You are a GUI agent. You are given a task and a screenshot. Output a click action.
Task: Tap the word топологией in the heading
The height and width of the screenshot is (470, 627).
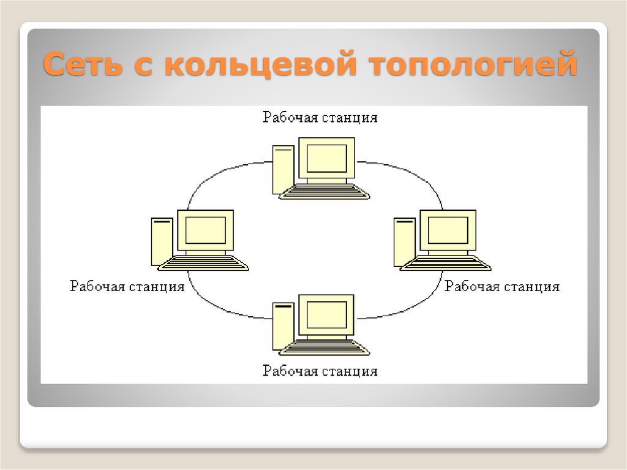(x=475, y=65)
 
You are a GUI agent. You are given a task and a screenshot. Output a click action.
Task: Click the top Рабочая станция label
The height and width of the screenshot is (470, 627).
(x=320, y=117)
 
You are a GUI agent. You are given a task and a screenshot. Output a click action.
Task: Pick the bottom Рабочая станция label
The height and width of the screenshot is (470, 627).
(x=320, y=371)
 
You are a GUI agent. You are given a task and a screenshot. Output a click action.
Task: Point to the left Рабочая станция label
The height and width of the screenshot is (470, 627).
(x=127, y=286)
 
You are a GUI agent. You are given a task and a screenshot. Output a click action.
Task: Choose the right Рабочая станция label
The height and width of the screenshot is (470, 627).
(x=502, y=286)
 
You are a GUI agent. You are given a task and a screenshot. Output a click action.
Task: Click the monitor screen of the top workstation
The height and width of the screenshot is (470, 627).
(x=326, y=158)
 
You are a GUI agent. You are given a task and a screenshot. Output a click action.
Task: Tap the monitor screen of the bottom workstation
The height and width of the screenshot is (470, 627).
(x=326, y=315)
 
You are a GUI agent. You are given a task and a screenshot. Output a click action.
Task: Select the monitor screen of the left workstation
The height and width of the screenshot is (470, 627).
(x=205, y=230)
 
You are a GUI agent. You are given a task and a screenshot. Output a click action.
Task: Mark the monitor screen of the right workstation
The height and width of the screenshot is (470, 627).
(x=448, y=230)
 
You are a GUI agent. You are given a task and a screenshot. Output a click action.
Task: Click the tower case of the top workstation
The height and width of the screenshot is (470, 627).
(x=282, y=169)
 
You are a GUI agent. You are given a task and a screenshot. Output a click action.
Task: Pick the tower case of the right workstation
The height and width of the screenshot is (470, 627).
(x=404, y=241)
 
